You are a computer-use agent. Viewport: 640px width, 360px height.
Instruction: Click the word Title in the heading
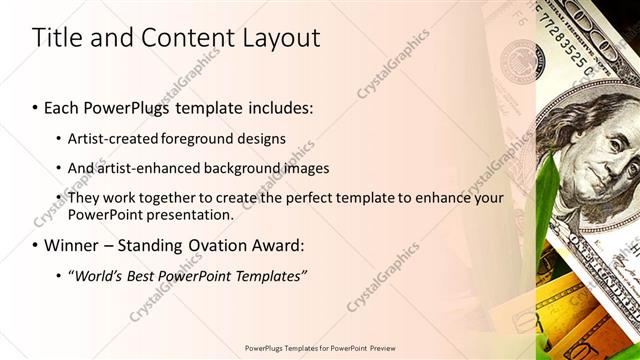[57, 38]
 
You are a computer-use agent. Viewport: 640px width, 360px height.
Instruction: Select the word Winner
[74, 245]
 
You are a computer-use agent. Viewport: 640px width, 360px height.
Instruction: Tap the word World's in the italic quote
[101, 276]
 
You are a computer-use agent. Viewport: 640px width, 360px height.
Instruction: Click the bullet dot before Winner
[36, 245]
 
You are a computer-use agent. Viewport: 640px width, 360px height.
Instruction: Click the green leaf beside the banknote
[548, 200]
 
